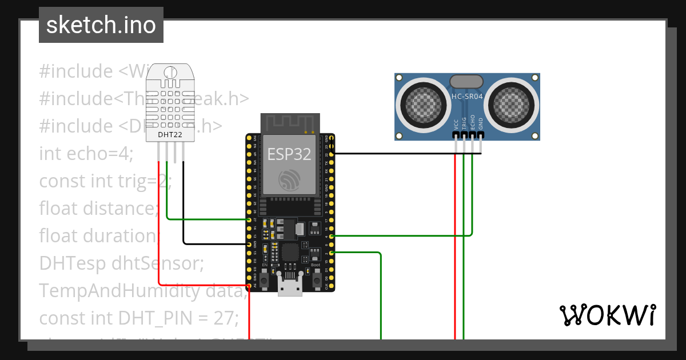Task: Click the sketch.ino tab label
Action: tap(101, 25)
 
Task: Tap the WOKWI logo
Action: tap(607, 315)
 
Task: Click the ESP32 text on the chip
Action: tap(290, 154)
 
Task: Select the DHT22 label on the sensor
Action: tap(170, 134)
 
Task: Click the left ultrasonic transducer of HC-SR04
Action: tap(424, 103)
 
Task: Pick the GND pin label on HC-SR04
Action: tap(481, 123)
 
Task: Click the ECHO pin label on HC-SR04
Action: tap(473, 123)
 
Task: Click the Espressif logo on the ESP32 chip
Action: tap(290, 180)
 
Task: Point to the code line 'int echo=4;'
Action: tap(86, 154)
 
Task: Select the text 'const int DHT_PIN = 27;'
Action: tap(138, 317)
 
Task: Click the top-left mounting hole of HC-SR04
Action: tap(400, 78)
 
